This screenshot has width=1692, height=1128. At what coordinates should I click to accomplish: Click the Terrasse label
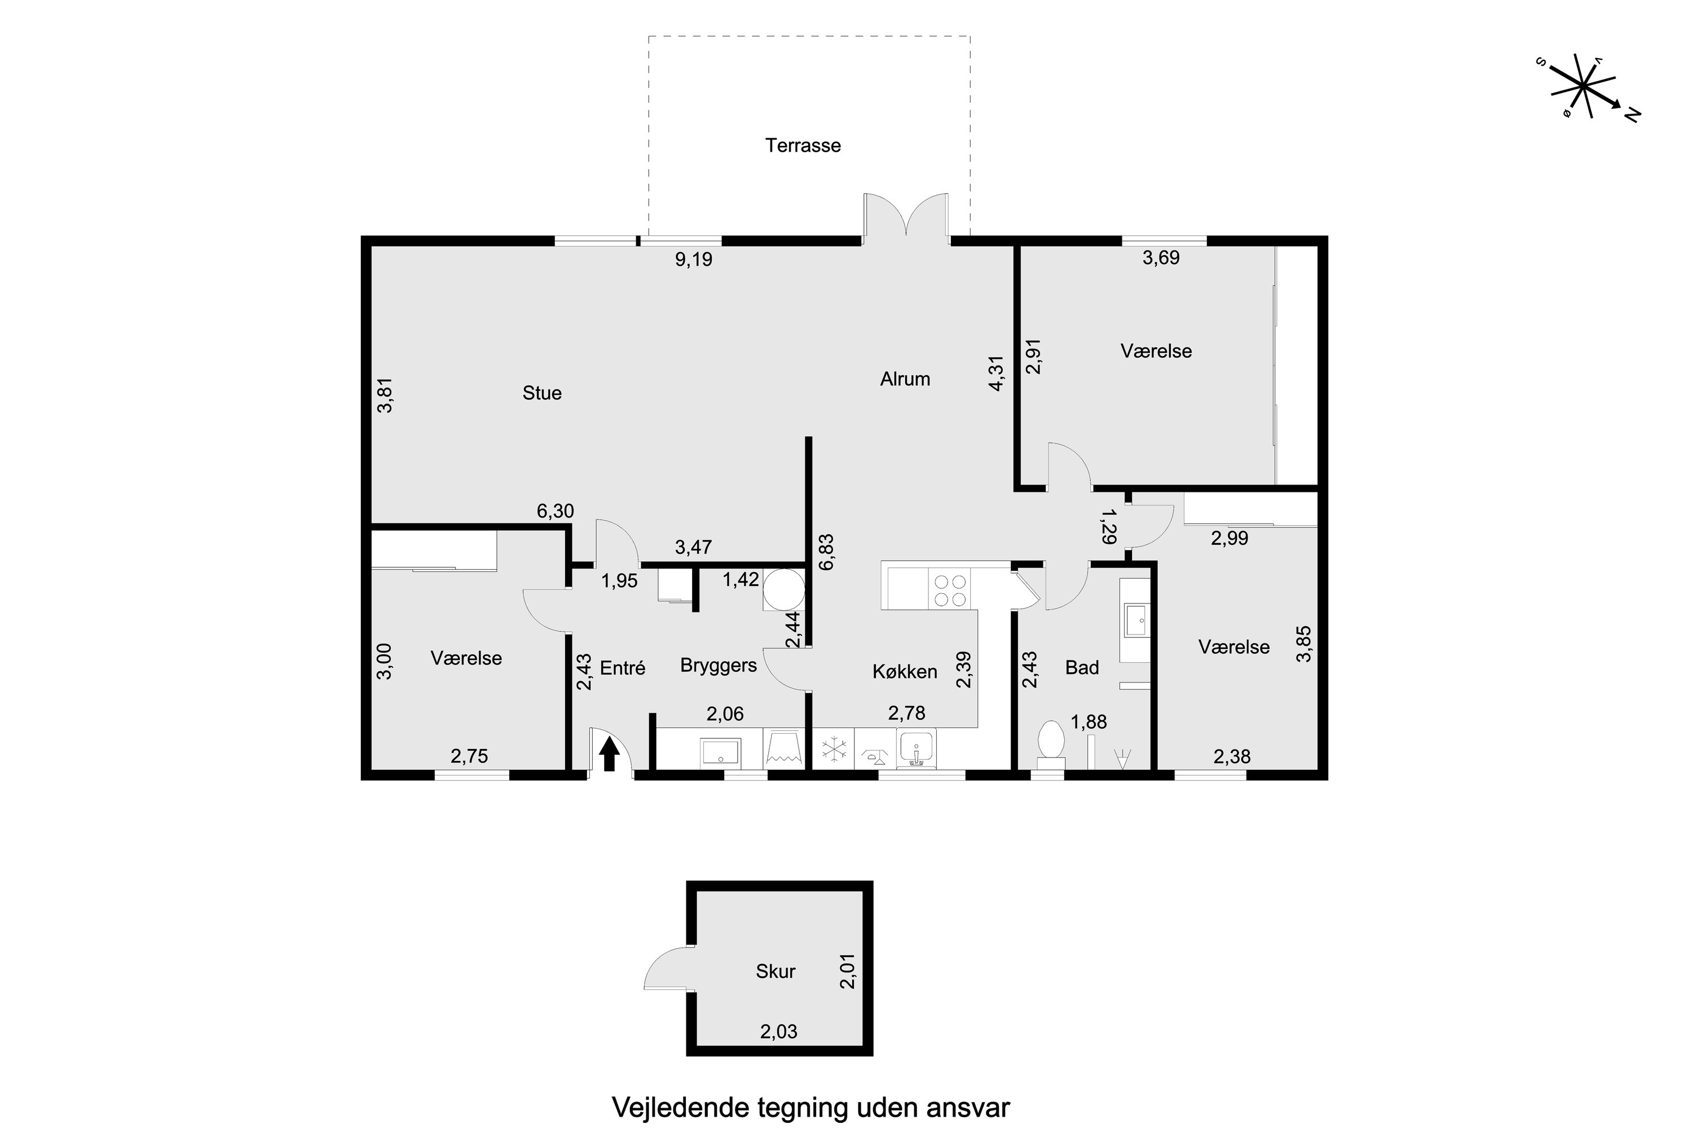pos(803,146)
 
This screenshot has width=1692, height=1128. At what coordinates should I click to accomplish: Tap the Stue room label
pos(541,393)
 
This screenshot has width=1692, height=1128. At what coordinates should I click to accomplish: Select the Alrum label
pos(905,379)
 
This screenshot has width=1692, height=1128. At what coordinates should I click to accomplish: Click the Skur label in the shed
pos(775,971)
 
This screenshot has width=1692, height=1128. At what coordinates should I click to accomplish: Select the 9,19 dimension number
pos(694,259)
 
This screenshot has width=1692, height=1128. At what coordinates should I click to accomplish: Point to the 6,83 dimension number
pos(827,552)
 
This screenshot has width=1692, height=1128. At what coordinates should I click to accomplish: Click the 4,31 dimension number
pos(997,373)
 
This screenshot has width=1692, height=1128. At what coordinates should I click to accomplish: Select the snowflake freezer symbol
pos(833,749)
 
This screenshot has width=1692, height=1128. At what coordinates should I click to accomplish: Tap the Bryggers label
pos(718,666)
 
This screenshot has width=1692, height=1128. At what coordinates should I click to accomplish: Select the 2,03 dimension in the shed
pos(778,1032)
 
